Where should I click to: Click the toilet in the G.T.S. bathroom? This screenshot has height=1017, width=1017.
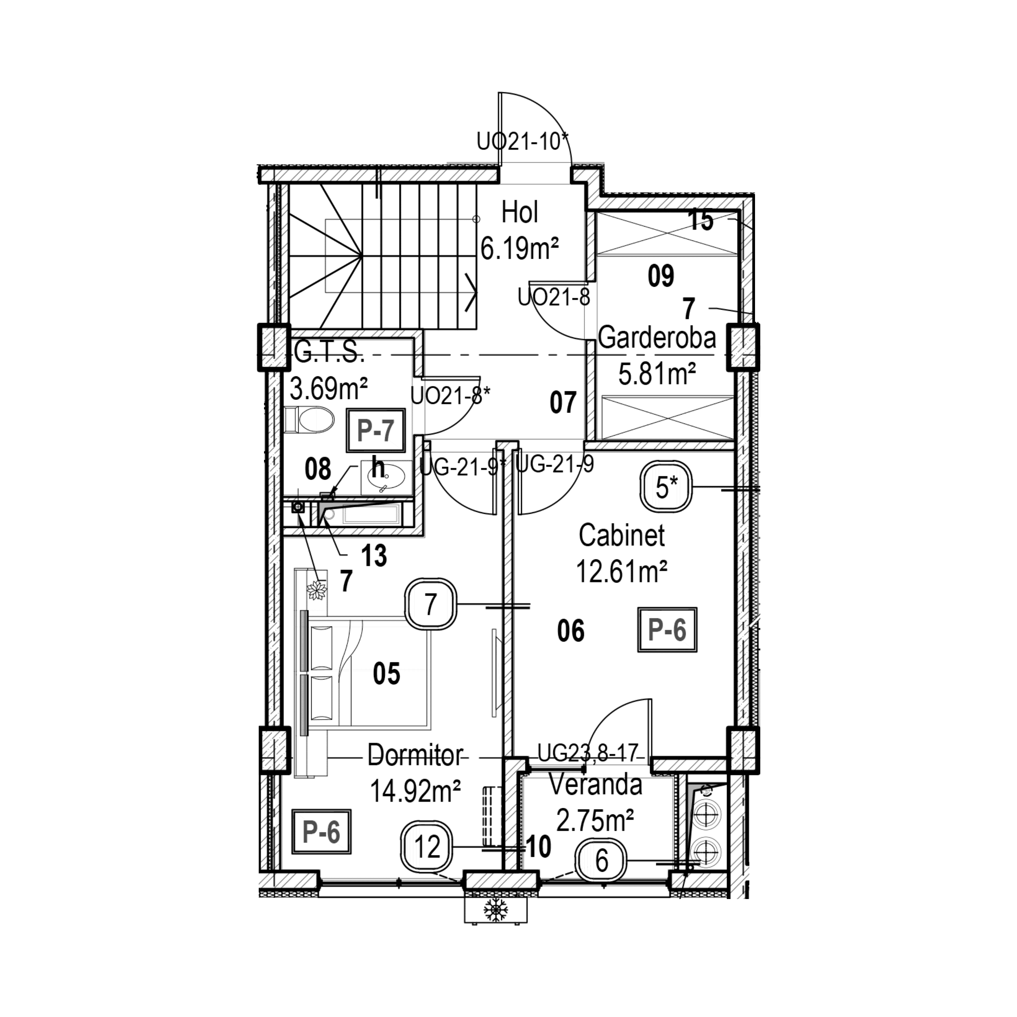pos(310,419)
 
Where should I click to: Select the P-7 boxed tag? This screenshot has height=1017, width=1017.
pos(375,430)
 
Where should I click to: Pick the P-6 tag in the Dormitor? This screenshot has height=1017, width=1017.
pos(321,832)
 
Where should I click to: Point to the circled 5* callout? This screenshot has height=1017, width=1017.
pos(666,487)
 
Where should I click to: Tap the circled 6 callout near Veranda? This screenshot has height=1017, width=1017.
pos(602,861)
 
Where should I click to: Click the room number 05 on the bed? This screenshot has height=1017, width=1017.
pos(386,673)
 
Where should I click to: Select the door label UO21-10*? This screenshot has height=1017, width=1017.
pos(523,142)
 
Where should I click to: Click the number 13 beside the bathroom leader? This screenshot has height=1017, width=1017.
pos(374,556)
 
